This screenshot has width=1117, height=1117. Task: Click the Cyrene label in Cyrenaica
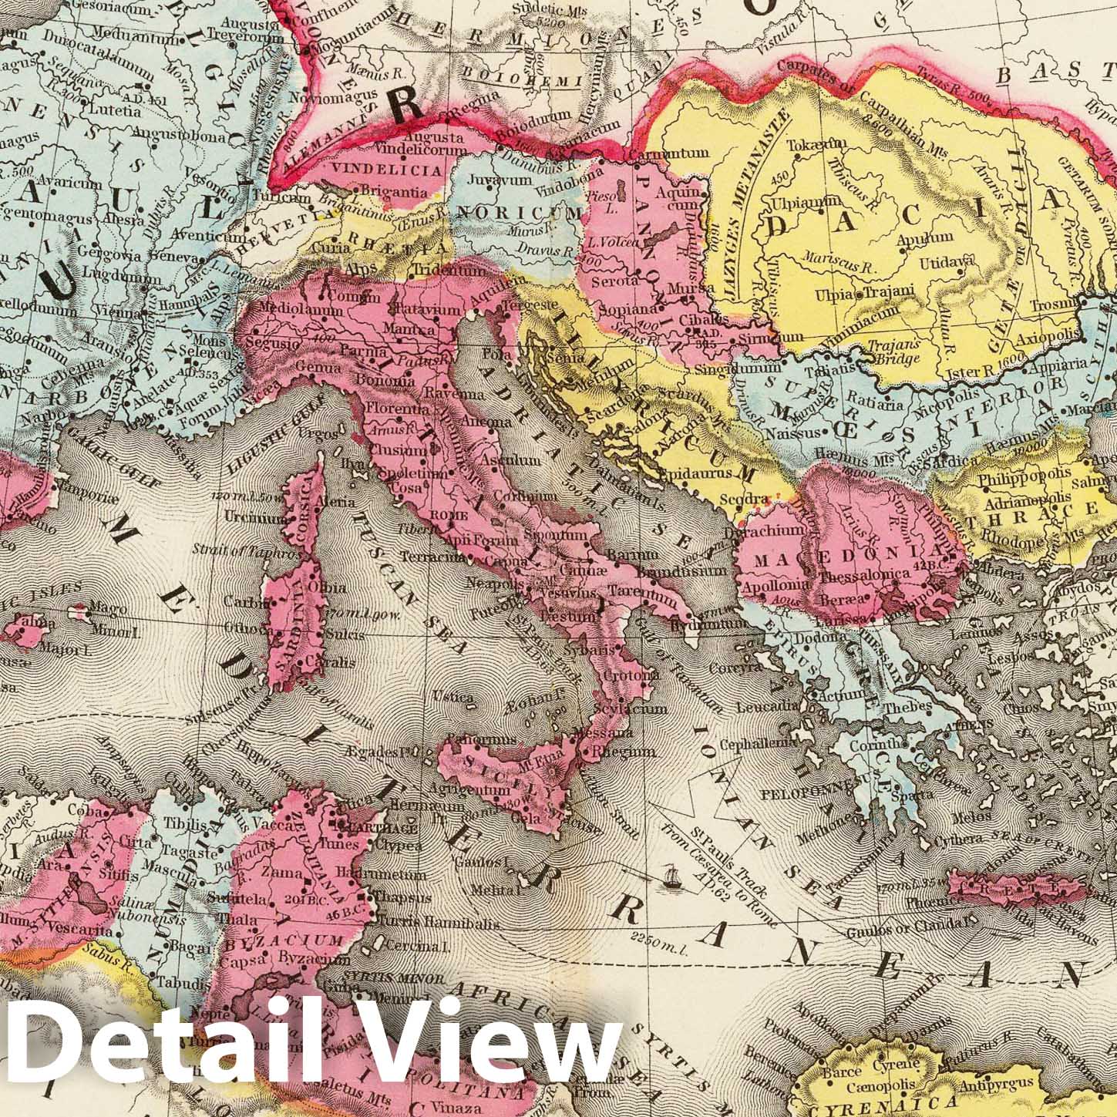pos(894,1066)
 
